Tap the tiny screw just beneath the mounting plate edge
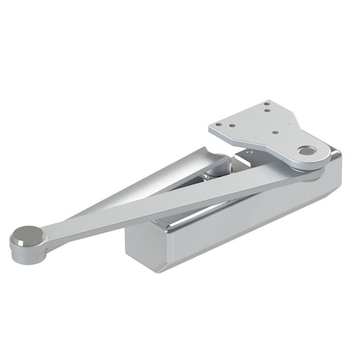click(x=250, y=152)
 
